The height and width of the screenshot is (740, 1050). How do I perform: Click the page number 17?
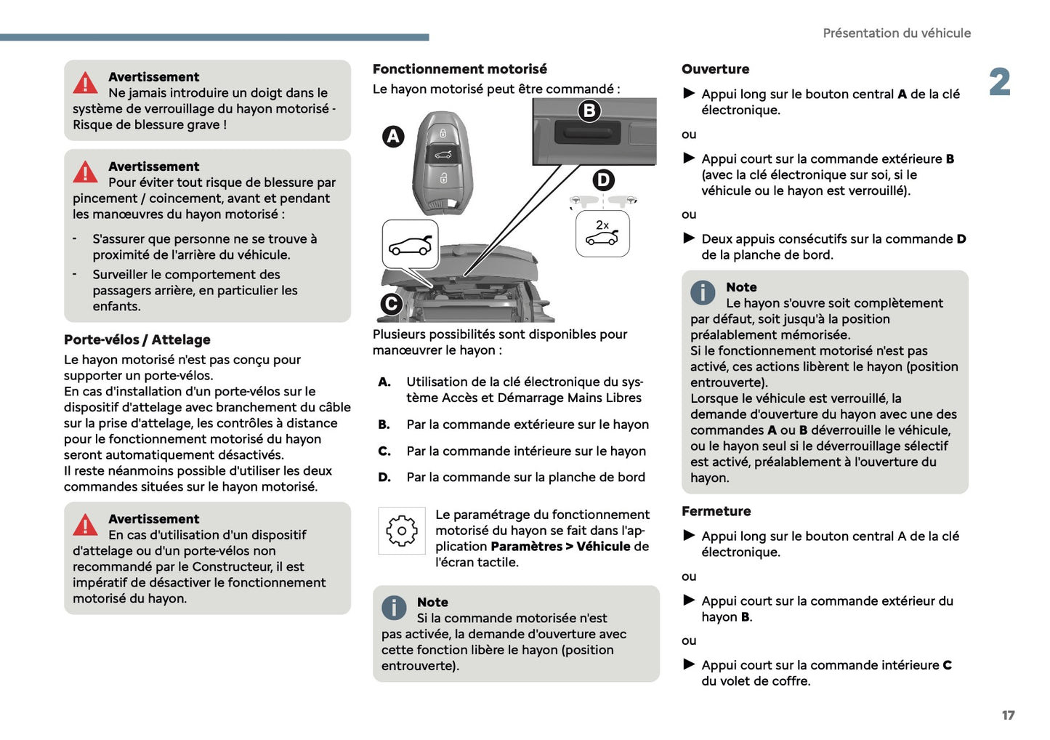coord(1008,715)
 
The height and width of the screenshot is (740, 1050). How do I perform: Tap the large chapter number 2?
coord(999,82)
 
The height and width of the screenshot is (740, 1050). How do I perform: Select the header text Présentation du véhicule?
coord(896,33)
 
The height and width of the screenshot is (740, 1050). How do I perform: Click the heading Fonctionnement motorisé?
coord(459,69)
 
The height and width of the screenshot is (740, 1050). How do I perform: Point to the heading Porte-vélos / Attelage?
coord(137,339)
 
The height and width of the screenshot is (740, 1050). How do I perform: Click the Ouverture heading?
coord(715,69)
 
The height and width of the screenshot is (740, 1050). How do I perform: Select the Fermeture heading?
coord(716,511)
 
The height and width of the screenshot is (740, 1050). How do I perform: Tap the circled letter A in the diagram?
coord(393,136)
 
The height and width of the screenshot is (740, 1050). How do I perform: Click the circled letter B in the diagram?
coord(589,110)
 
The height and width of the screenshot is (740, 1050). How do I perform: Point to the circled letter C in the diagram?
coord(391,303)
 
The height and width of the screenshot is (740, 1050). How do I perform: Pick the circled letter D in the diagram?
coord(603,180)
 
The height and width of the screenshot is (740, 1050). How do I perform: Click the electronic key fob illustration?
coord(443,161)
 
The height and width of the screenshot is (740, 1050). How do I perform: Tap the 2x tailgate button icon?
coord(602,233)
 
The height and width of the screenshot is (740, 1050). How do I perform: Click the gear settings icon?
coord(401,531)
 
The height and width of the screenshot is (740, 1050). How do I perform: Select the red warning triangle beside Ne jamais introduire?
coord(85,84)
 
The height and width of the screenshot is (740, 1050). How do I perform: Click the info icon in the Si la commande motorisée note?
coord(394,607)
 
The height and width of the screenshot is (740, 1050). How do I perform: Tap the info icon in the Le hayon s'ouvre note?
coord(703,292)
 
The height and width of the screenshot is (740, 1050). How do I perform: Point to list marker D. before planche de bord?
coord(384,478)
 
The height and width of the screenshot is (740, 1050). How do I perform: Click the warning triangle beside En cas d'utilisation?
coord(85,525)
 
